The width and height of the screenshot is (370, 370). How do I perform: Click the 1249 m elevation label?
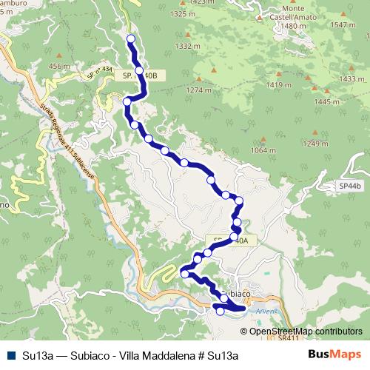315,143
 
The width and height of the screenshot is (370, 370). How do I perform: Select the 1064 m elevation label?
263,150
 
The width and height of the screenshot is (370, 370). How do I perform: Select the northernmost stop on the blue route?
131,38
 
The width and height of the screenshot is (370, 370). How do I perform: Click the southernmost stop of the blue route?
219,312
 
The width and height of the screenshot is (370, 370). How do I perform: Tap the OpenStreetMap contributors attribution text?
305,331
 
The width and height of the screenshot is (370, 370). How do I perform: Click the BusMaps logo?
333,354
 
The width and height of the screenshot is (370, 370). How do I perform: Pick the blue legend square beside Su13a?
11,354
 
